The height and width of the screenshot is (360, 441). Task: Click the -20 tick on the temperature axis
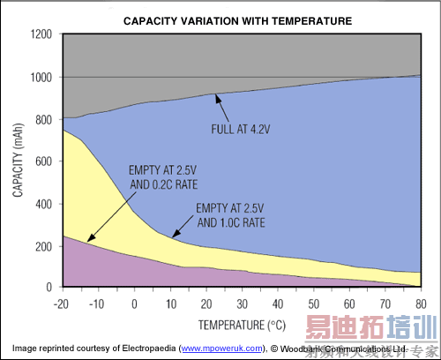[63, 303]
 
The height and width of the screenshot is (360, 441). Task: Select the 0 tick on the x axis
[135, 303]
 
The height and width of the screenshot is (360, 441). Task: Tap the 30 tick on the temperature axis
[243, 303]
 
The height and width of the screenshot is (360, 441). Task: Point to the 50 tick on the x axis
[315, 303]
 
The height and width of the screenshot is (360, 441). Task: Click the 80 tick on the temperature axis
[422, 303]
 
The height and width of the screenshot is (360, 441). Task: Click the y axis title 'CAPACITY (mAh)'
[18, 161]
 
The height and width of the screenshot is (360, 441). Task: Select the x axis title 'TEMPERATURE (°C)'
[243, 323]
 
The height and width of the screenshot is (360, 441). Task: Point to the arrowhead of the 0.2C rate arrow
[88, 240]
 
